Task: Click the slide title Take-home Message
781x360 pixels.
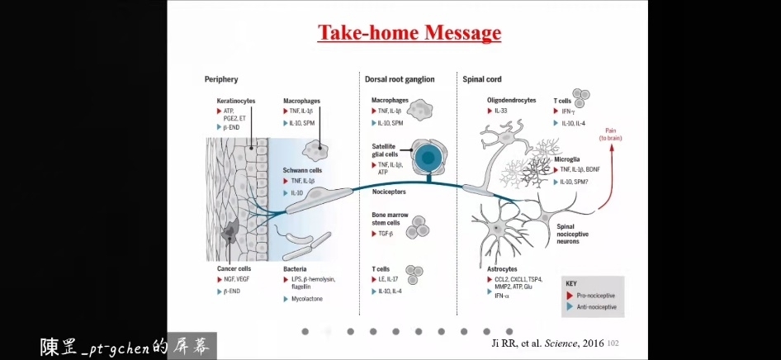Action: [x=409, y=33]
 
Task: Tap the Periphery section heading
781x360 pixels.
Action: [x=221, y=79]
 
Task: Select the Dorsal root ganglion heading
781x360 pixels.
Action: [x=411, y=79]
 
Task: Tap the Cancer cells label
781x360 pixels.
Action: [x=234, y=268]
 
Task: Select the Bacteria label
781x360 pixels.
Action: [x=296, y=268]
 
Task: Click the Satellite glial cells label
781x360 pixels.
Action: [x=385, y=150]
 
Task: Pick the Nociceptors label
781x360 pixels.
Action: [x=389, y=191]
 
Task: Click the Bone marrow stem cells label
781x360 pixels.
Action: [x=390, y=220]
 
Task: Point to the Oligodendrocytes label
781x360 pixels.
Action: [x=512, y=100]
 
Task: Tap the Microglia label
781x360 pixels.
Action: [x=566, y=159]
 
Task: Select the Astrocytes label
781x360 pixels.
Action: [x=502, y=268]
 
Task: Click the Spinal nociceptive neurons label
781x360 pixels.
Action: [x=572, y=234]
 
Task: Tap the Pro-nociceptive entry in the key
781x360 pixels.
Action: [x=599, y=295]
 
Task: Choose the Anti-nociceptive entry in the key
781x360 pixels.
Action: [x=599, y=307]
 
